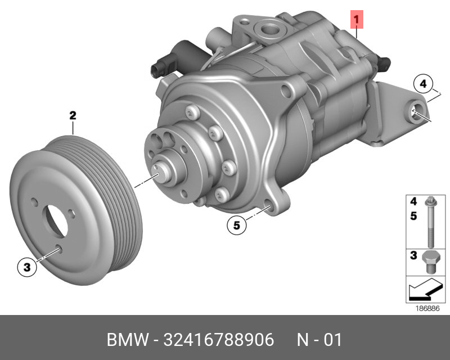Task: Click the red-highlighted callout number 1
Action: pyautogui.click(x=357, y=20)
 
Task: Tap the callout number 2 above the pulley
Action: pyautogui.click(x=73, y=115)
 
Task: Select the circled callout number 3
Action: pyautogui.click(x=27, y=267)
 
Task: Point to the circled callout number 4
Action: pyautogui.click(x=423, y=84)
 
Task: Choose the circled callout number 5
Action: pyautogui.click(x=236, y=225)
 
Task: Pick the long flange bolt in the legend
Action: pyautogui.click(x=430, y=221)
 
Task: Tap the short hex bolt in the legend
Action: pyautogui.click(x=429, y=262)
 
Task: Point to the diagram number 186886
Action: pyautogui.click(x=427, y=308)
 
